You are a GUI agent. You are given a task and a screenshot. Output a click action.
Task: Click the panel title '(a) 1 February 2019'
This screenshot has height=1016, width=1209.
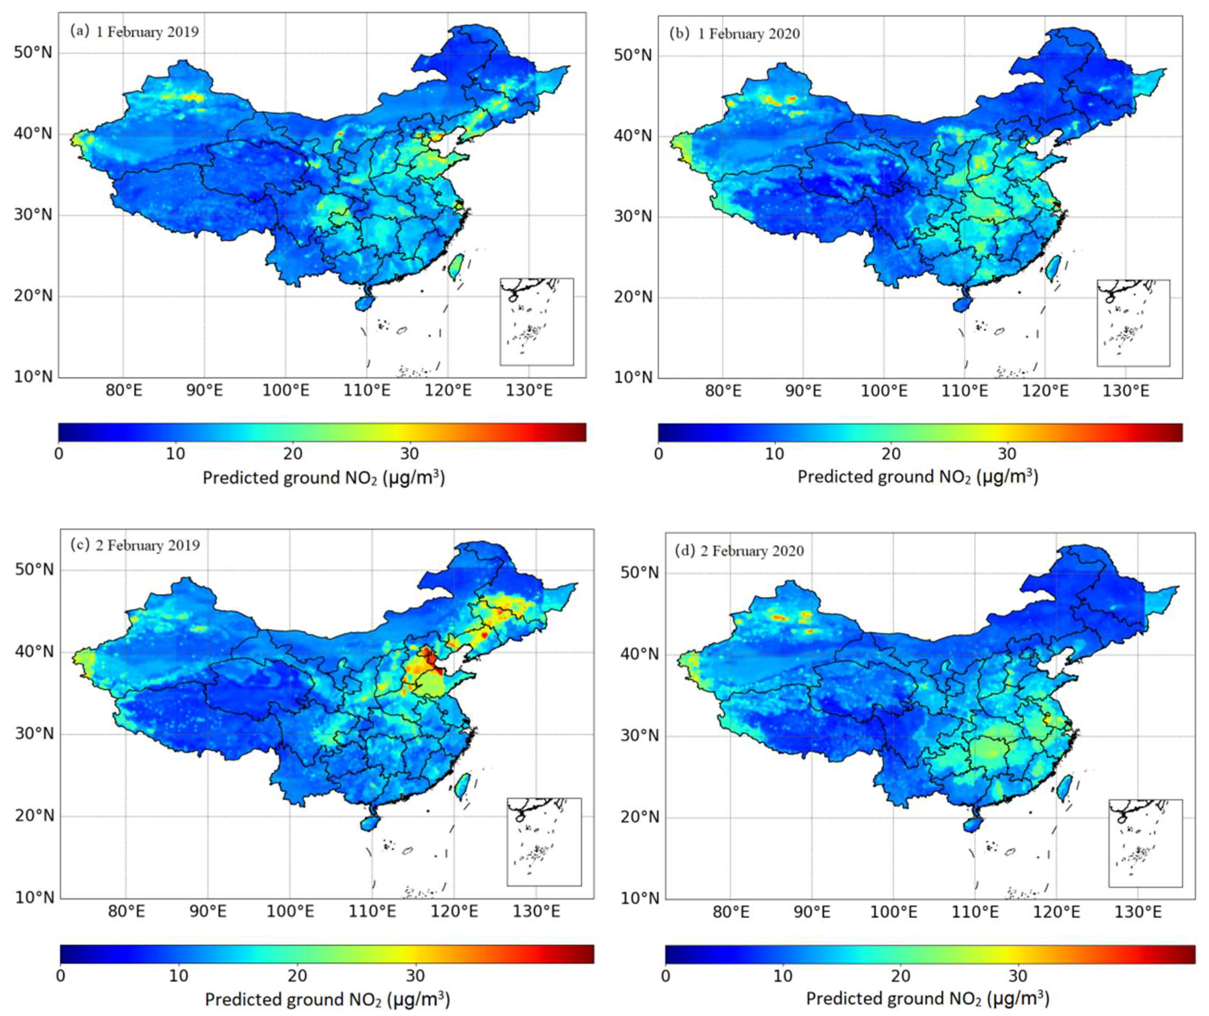tap(134, 31)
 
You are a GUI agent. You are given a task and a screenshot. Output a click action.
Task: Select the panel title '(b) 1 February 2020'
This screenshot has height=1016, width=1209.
tap(734, 33)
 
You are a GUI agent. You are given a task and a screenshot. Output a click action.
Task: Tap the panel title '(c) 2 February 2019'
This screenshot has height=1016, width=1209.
tap(135, 545)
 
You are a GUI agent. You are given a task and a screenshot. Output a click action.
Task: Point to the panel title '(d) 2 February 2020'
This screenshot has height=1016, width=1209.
tap(739, 551)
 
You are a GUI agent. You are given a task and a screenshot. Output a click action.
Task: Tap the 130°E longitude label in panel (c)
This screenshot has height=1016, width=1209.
tap(536, 912)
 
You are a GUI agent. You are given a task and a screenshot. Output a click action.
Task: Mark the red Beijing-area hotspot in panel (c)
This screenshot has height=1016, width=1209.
tap(428, 657)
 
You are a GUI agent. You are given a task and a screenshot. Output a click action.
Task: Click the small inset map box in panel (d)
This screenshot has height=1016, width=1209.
tap(1145, 842)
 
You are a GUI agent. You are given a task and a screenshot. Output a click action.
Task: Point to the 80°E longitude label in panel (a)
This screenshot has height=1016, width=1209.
tap(124, 391)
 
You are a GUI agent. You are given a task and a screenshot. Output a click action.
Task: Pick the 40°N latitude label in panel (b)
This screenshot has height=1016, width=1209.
tap(632, 137)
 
